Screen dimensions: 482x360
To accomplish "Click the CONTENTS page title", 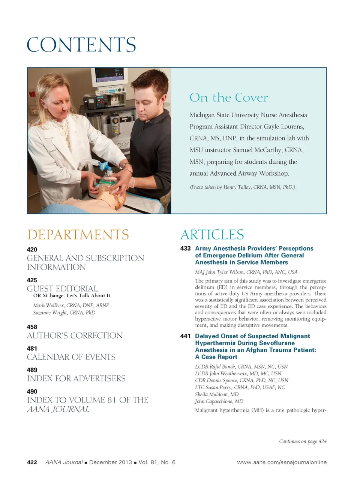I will [x=81, y=45].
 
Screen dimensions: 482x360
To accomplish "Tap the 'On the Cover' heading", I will [x=229, y=98].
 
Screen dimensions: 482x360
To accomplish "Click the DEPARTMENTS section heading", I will [x=78, y=235].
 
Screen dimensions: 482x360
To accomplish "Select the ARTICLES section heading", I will [x=212, y=235].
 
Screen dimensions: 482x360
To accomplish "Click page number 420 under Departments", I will [x=32, y=250].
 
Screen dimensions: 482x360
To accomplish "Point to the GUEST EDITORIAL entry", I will [x=62, y=289].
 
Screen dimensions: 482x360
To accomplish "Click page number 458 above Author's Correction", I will [x=32, y=327].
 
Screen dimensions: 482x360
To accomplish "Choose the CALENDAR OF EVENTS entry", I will [x=71, y=357].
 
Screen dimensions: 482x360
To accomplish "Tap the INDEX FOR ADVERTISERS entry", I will [x=76, y=378].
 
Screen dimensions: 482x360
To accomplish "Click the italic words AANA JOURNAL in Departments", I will [x=58, y=409].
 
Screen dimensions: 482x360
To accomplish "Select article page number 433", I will [x=185, y=249].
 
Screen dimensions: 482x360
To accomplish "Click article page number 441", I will [x=185, y=336].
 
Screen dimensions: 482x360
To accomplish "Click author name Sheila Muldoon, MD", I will [x=217, y=394].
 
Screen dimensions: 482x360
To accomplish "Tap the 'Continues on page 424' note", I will [x=303, y=441].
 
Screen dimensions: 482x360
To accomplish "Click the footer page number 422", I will [x=32, y=462].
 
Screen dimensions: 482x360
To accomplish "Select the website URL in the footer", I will [x=282, y=462].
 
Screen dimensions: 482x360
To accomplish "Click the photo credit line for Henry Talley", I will [x=242, y=187].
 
